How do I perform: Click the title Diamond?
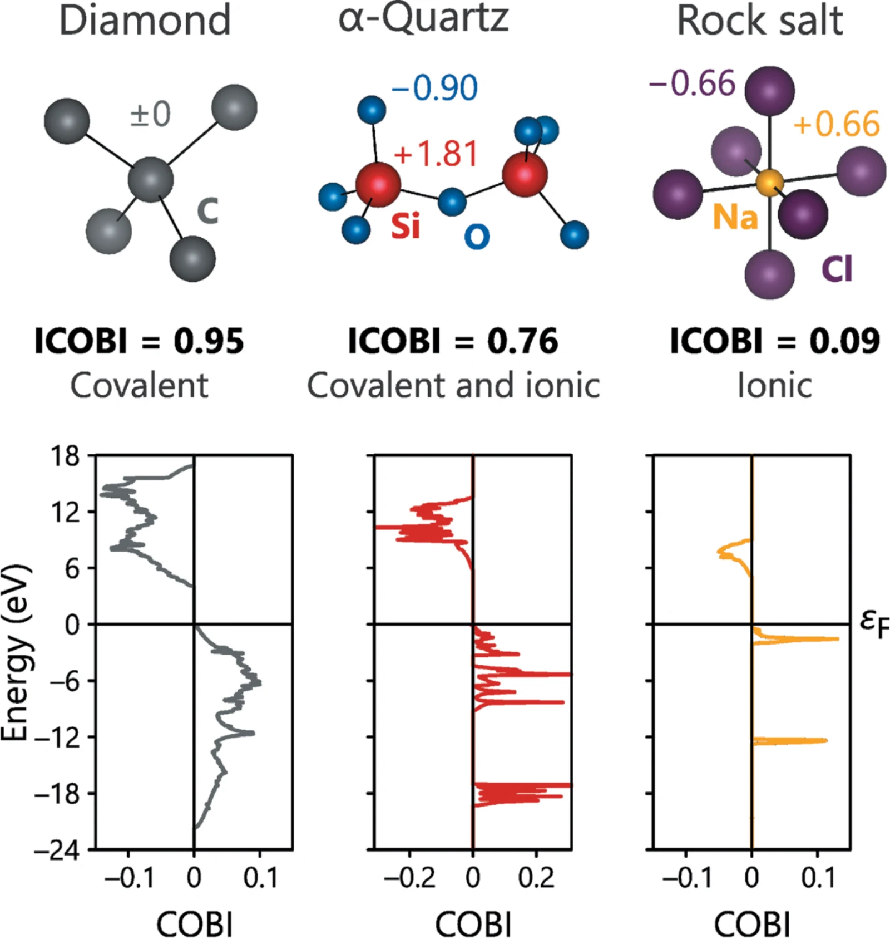145,21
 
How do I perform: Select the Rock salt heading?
760,21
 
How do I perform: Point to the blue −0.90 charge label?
434,88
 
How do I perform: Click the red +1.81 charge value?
436,154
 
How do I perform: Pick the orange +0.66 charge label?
837,123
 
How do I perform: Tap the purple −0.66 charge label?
692,83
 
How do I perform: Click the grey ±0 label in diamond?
150,114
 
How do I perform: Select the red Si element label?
406,225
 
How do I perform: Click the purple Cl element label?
837,269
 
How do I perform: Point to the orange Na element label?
735,216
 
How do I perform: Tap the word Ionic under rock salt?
774,385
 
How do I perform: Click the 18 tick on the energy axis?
66,456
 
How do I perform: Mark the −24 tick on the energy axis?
57,850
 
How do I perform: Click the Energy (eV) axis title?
14,652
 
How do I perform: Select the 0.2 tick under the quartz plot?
536,878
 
